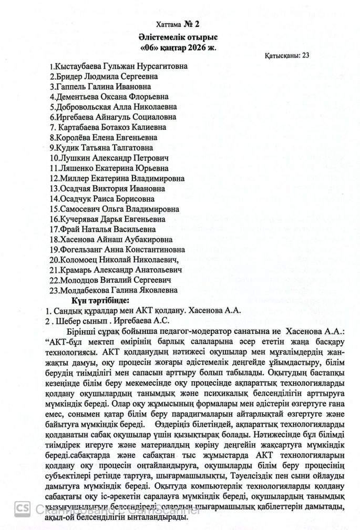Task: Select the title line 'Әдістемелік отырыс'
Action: point(180,38)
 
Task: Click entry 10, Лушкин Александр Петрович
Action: point(108,158)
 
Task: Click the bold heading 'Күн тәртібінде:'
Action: point(93,300)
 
